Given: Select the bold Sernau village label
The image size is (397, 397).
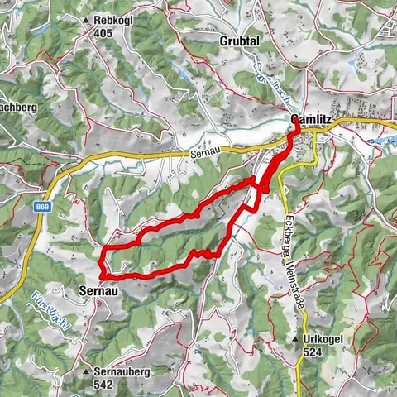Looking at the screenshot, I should (98, 291).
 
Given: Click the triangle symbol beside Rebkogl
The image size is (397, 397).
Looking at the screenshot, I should (87, 19).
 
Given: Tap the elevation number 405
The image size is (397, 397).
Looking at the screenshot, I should (103, 33).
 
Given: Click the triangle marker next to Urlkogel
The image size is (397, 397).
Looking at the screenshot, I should (295, 340).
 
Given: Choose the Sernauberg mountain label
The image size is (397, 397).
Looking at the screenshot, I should (122, 371).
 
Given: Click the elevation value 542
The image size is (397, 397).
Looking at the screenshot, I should (103, 385).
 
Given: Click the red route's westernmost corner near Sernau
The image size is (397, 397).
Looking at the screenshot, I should (100, 274).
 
